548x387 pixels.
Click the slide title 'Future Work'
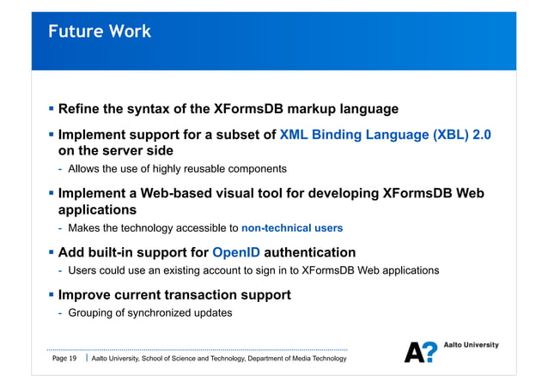(100, 32)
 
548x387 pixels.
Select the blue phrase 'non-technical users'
(292, 228)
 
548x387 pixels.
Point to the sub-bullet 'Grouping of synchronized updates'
(149, 312)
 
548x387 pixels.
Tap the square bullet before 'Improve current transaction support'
(51, 294)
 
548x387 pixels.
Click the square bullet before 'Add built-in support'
(51, 252)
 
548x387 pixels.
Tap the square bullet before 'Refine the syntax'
(51, 109)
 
